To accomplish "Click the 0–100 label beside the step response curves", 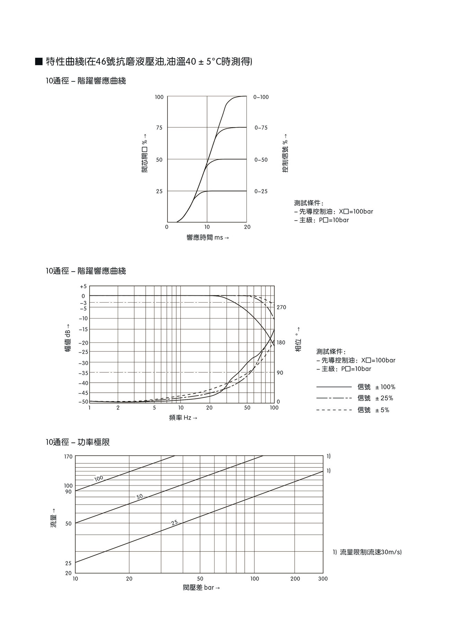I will point(261,97).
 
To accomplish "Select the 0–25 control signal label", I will point(261,192).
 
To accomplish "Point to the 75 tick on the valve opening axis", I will point(159,128).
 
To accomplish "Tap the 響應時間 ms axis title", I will point(207,238).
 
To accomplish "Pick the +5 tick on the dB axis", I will point(83,287).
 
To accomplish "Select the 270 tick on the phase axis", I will point(281,308).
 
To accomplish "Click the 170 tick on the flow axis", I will point(68,457).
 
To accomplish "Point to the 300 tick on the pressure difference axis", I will point(323,579).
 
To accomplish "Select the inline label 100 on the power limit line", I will point(99,479).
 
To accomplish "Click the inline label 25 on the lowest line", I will point(174,523).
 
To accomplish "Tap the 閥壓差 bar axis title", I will point(201,588).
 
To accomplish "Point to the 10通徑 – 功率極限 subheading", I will point(78,442).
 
